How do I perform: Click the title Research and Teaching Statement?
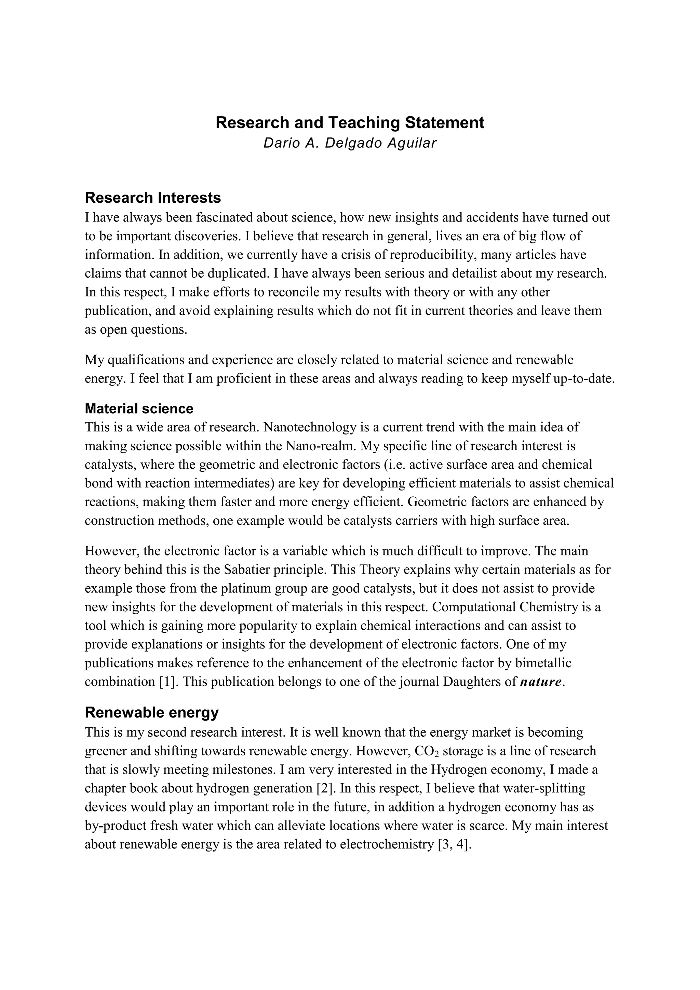coord(350,123)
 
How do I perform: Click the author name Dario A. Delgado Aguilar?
coord(350,143)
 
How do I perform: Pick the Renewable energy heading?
coord(152,713)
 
